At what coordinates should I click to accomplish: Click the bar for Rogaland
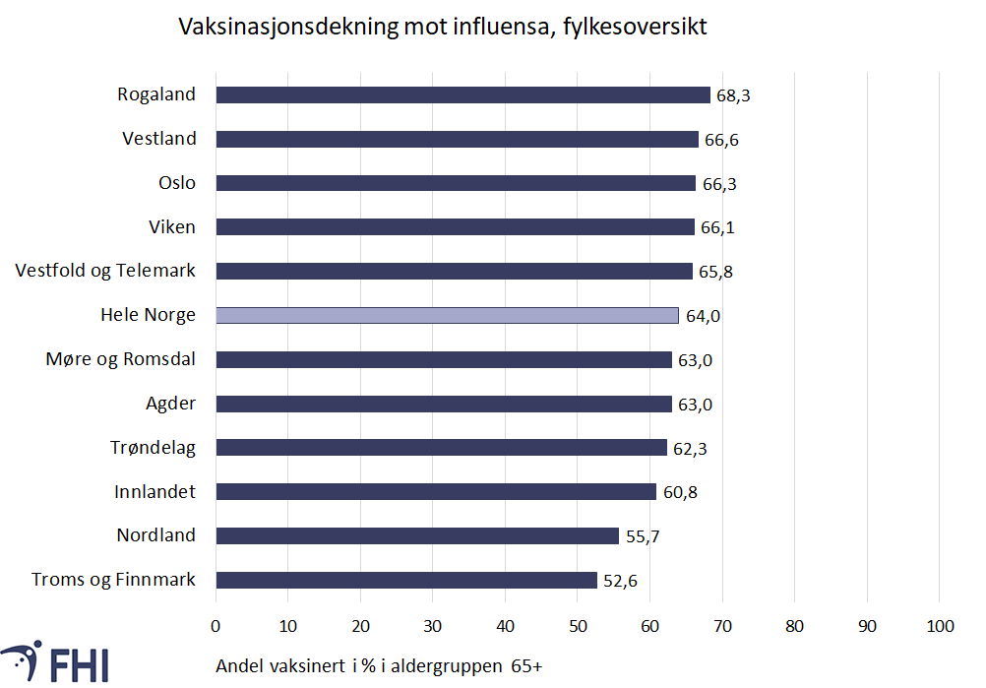tap(462, 95)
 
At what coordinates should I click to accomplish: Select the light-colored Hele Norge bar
tap(447, 316)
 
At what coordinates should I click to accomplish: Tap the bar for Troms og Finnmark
tap(405, 581)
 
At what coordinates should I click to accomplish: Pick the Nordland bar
tap(417, 536)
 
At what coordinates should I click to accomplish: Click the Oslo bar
tap(456, 183)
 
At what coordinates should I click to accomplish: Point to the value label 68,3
tap(733, 96)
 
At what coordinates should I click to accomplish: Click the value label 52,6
tap(620, 581)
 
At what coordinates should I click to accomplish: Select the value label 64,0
tap(702, 316)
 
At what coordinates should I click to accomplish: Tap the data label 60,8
tap(680, 492)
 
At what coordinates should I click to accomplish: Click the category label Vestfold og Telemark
tap(105, 271)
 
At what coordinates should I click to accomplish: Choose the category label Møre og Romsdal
tap(121, 359)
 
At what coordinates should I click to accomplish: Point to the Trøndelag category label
tap(153, 448)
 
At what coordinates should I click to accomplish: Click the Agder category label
tap(170, 404)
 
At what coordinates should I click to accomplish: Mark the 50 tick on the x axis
tap(578, 626)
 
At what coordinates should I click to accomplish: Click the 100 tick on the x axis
tap(939, 626)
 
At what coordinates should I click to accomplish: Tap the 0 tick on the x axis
tap(216, 626)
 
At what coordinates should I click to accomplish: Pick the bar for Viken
tap(455, 227)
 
